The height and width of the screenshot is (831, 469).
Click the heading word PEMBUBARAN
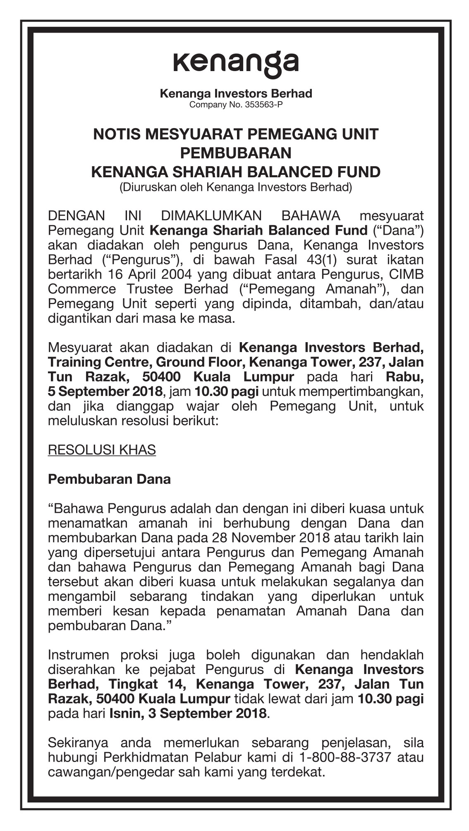click(236, 153)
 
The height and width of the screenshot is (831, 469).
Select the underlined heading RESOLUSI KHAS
click(102, 450)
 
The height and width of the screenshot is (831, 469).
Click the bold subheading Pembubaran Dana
click(109, 479)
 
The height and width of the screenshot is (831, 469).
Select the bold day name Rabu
click(404, 377)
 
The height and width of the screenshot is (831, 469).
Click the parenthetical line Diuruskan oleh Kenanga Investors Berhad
click(236, 188)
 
